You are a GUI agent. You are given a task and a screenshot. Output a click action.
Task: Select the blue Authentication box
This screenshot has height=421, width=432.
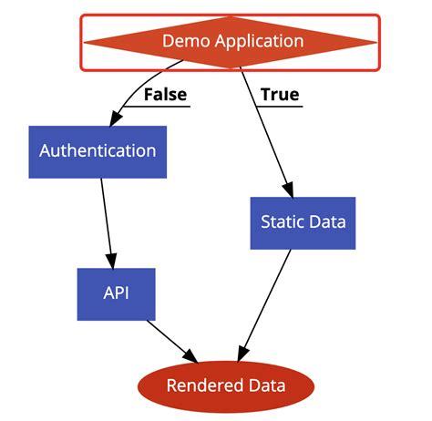(97, 150)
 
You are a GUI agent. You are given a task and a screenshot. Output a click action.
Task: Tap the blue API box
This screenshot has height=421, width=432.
(116, 294)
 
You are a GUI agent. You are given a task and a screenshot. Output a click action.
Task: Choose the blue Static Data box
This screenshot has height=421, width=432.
(303, 221)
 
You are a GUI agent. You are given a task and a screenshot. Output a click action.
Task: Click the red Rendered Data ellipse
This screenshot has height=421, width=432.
(225, 385)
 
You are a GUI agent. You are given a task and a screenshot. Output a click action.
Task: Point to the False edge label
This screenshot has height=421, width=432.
(165, 94)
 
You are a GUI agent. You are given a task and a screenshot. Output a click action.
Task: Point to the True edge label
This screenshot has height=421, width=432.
(279, 94)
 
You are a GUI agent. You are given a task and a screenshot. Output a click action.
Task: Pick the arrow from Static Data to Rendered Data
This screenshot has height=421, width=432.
(267, 301)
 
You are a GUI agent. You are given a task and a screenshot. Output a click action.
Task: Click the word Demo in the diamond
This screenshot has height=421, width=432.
(182, 41)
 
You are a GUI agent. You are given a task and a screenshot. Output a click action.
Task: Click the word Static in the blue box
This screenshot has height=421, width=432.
(280, 221)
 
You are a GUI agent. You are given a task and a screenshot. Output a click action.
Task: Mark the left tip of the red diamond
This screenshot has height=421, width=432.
(85, 41)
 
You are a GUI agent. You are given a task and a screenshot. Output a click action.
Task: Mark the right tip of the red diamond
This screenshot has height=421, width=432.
(375, 41)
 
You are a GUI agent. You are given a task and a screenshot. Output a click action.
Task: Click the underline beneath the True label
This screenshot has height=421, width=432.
(279, 107)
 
